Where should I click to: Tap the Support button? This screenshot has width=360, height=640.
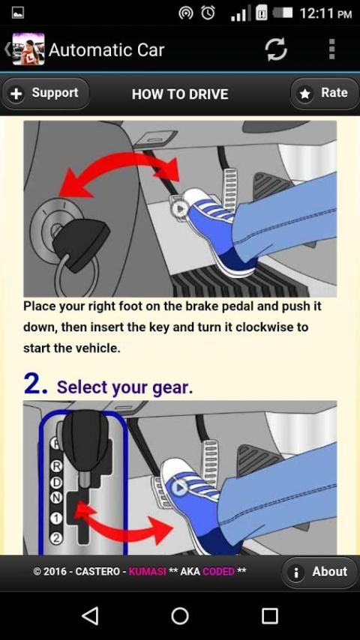[x=45, y=94]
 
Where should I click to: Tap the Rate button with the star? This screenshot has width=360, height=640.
[x=325, y=94]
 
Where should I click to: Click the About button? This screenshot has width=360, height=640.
[x=320, y=572]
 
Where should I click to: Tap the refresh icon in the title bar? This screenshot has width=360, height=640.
[x=276, y=49]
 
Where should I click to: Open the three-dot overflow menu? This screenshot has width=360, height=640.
[x=331, y=49]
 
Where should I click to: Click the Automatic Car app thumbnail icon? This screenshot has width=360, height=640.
[x=28, y=49]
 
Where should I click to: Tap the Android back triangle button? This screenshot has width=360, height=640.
[x=90, y=615]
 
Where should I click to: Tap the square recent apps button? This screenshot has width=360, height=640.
[x=270, y=615]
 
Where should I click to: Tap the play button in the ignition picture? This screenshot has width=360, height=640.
[x=179, y=209]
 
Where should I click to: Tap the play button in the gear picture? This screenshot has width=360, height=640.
[x=179, y=487]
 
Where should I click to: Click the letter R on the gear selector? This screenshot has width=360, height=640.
[x=57, y=465]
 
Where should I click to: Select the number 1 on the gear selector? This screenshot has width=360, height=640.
[x=56, y=519]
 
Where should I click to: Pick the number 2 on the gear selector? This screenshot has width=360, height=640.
[x=56, y=538]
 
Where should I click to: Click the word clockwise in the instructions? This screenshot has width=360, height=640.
[x=266, y=327]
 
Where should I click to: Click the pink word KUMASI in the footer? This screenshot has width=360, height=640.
[x=147, y=571]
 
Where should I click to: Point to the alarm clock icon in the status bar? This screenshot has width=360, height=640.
[x=208, y=13]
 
